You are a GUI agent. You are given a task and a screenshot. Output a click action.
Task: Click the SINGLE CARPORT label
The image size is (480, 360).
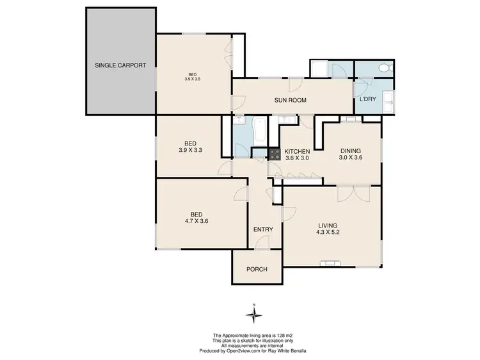pos(121,65)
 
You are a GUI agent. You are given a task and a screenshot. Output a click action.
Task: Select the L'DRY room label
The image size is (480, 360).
pos(367,99)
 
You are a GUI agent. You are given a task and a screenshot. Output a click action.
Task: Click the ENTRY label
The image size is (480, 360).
pos(263,229)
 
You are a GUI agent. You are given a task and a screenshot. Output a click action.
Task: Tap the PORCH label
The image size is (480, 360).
pos(257,269)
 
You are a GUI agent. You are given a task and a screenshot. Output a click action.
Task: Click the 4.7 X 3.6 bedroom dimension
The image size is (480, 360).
pos(196,221)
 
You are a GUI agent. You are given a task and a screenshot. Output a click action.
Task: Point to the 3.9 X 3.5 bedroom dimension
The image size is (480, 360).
pos(193,79)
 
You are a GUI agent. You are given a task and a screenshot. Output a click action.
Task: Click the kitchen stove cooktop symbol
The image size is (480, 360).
pos(274,154)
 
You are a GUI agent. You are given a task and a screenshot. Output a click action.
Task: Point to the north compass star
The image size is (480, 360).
pos(255,314)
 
